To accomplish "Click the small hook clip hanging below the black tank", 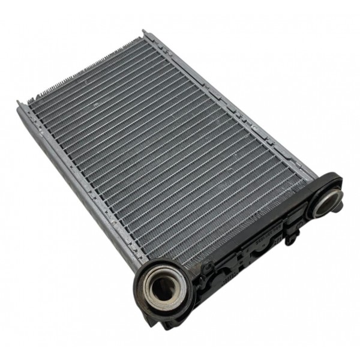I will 290,238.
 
